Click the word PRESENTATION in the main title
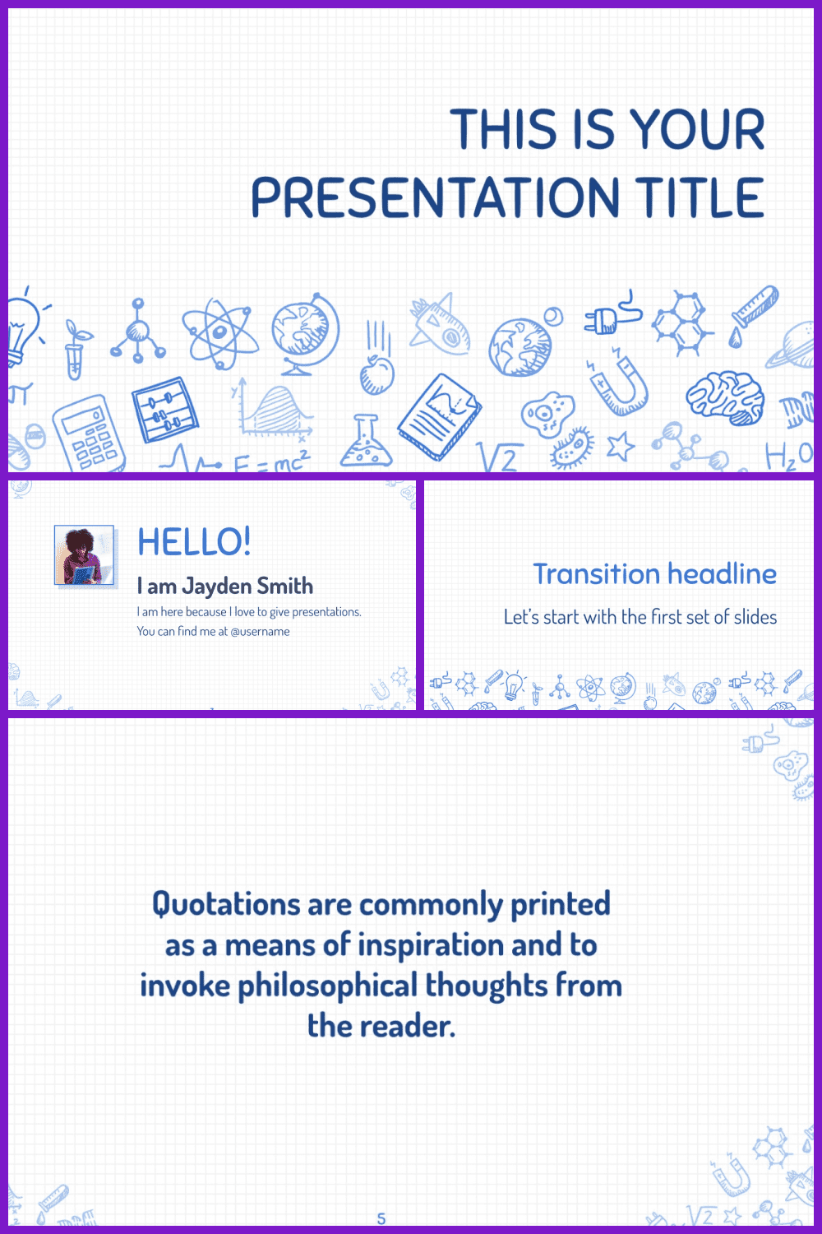(436, 197)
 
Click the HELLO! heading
(194, 541)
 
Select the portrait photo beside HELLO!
(84, 554)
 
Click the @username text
(260, 631)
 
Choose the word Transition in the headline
(597, 573)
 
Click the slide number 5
(381, 1218)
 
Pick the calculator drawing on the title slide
(90, 434)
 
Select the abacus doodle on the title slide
(164, 410)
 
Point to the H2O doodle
(789, 456)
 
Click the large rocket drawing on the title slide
(441, 324)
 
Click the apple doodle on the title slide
(377, 375)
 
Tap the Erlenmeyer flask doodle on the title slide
(366, 441)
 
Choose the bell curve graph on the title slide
(273, 410)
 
